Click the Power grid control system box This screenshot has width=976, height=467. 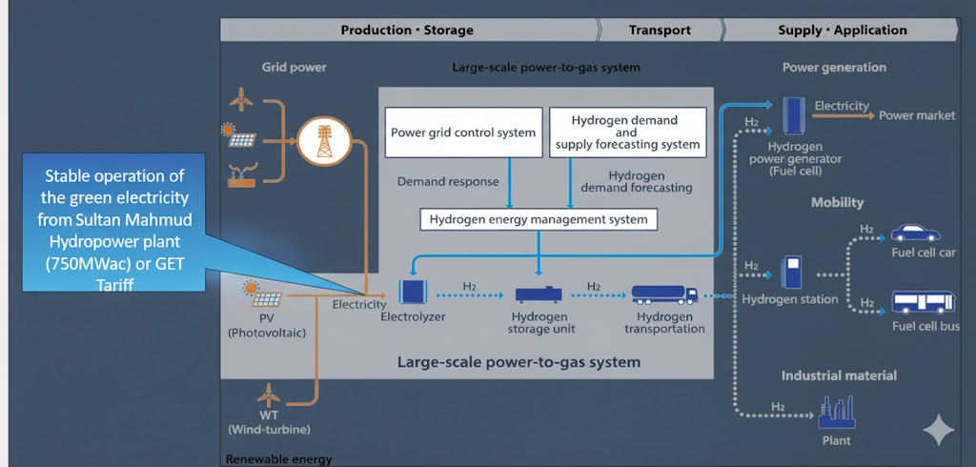pos(463,133)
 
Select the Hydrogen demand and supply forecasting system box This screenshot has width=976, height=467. pos(628,133)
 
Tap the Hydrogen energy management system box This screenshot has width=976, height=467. pos(539,219)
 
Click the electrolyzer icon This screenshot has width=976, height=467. pos(413,291)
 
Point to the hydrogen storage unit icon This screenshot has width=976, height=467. pos(540,294)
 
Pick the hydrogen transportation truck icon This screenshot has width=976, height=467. pos(664,294)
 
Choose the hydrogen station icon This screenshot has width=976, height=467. pos(790,273)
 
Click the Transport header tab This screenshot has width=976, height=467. pos(660,30)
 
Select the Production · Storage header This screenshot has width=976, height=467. pos(407,30)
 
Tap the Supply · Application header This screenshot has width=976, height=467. pos(843,30)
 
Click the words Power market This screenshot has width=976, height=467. pos(916,115)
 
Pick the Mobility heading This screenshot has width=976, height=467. pos(837,202)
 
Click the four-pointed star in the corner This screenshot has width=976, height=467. pos(939,431)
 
